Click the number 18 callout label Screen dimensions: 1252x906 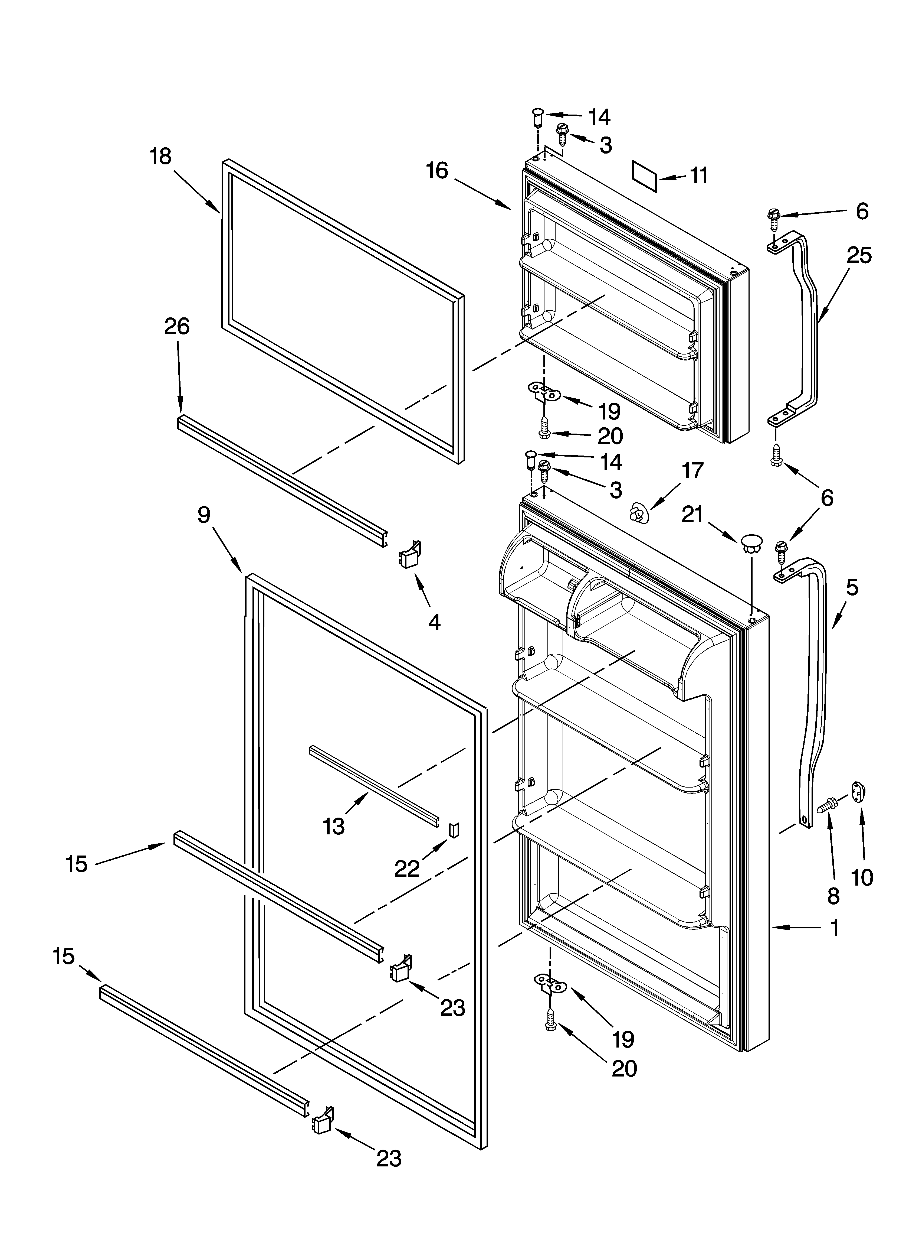(x=160, y=157)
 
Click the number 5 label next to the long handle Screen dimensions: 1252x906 (x=852, y=588)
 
